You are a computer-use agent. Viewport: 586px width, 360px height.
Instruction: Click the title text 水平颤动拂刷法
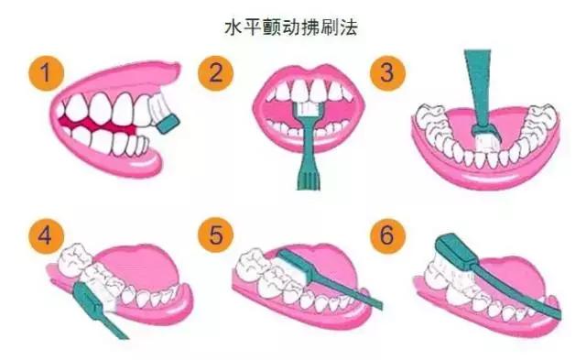coord(291,27)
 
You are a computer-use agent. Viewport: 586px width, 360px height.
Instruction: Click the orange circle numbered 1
coord(46,73)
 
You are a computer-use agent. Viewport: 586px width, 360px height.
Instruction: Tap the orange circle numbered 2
coord(216,73)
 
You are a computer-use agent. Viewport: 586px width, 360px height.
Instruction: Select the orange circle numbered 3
coord(387,73)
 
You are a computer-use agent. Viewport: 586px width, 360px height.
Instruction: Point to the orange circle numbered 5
coord(216,235)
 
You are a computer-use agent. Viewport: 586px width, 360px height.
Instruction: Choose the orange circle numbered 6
coord(387,235)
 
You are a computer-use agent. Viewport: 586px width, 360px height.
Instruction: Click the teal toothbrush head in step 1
coord(168,124)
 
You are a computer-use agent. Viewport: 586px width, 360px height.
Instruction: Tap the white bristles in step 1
coord(157,107)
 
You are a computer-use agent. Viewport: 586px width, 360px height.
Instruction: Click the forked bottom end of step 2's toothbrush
coord(309,180)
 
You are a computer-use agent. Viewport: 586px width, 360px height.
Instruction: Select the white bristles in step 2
coord(309,108)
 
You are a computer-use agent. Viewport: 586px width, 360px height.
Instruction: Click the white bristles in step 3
coord(483,144)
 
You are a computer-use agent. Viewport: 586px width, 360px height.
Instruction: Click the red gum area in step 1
coord(98,124)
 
